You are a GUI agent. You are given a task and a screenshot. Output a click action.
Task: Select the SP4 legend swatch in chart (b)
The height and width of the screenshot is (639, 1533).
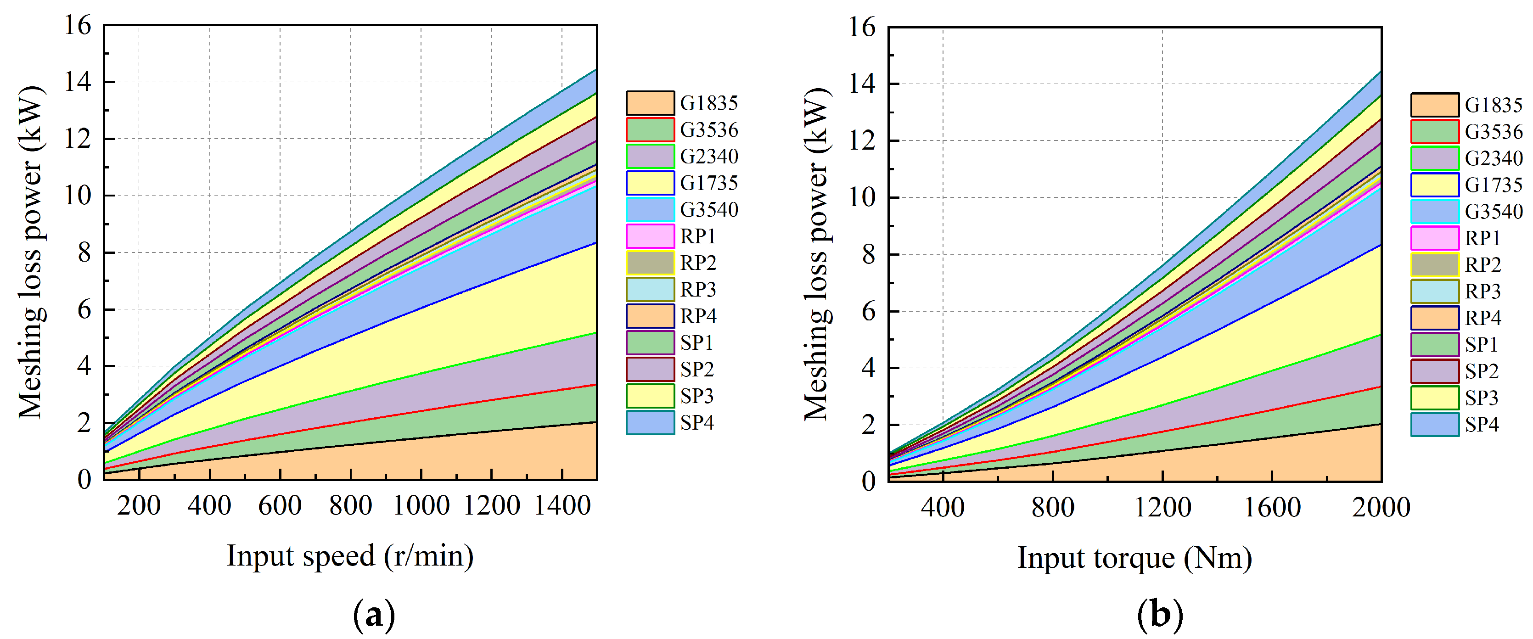[1434, 425]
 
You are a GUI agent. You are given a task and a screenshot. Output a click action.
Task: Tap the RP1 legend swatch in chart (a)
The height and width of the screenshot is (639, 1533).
[650, 236]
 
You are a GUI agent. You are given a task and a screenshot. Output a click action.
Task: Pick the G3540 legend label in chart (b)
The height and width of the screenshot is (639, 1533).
[1493, 212]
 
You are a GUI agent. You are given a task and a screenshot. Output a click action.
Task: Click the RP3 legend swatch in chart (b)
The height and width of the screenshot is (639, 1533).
[1434, 291]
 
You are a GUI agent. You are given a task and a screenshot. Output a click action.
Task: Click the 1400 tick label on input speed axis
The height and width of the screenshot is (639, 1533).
[562, 506]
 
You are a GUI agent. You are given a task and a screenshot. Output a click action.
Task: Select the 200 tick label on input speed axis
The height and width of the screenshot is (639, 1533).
[139, 506]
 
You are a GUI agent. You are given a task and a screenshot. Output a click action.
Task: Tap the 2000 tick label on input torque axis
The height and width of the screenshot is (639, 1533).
[1381, 508]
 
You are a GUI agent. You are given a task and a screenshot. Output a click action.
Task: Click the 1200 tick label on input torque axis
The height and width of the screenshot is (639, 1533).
[1162, 508]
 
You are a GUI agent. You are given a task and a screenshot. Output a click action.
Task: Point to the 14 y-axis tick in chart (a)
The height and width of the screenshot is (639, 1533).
[78, 82]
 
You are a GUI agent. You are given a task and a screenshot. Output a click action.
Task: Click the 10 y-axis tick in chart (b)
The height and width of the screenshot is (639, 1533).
[862, 197]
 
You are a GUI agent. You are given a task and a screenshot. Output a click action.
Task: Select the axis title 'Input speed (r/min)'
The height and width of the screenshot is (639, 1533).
[350, 556]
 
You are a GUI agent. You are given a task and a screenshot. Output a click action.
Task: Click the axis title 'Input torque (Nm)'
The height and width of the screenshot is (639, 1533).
[1134, 559]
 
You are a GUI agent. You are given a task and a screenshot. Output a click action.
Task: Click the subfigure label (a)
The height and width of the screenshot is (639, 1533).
[374, 615]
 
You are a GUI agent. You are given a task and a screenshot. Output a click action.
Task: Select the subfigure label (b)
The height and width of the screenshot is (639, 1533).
[1159, 615]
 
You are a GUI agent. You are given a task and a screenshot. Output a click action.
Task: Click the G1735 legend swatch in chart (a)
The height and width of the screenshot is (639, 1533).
[650, 183]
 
